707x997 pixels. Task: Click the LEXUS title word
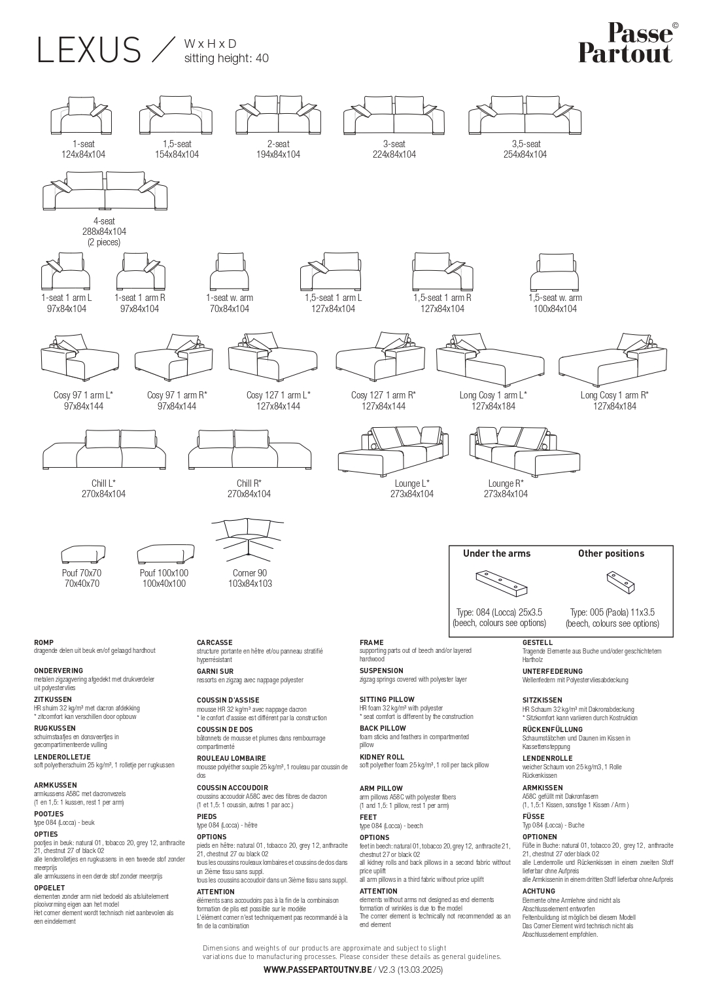click(89, 50)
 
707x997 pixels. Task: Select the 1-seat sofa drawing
click(80, 115)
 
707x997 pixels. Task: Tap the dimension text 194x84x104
click(278, 154)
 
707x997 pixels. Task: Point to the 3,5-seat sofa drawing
click(525, 114)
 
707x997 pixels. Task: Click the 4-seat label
click(104, 220)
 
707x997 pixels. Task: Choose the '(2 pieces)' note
click(104, 242)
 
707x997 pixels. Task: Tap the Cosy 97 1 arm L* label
click(83, 394)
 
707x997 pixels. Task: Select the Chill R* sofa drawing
click(250, 449)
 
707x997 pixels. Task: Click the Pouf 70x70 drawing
click(83, 554)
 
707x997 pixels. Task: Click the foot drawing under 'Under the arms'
click(502, 584)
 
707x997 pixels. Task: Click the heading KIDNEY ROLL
click(382, 757)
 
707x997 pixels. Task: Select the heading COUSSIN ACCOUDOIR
click(232, 788)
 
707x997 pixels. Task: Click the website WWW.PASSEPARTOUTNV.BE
click(318, 970)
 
